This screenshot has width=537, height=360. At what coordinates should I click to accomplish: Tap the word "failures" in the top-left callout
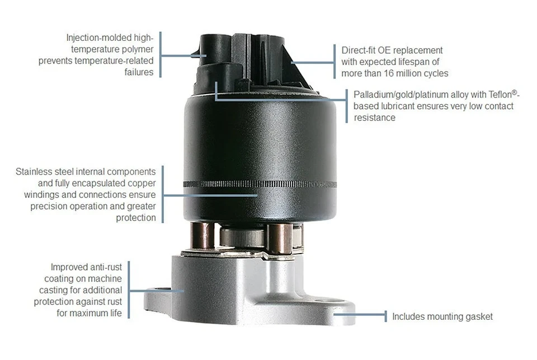point(139,72)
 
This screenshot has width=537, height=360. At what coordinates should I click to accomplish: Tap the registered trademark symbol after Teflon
point(507,92)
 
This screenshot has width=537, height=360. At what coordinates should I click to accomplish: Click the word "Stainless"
point(35,171)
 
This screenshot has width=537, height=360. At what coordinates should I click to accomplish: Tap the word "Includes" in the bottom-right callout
point(408,316)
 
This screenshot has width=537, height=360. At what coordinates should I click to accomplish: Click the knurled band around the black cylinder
point(260,184)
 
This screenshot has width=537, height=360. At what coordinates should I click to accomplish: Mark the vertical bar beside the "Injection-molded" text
point(161,54)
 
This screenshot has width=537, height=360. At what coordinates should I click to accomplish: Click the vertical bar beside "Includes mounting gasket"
point(385,316)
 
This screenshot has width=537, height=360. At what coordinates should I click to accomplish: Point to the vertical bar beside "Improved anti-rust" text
point(129,289)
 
